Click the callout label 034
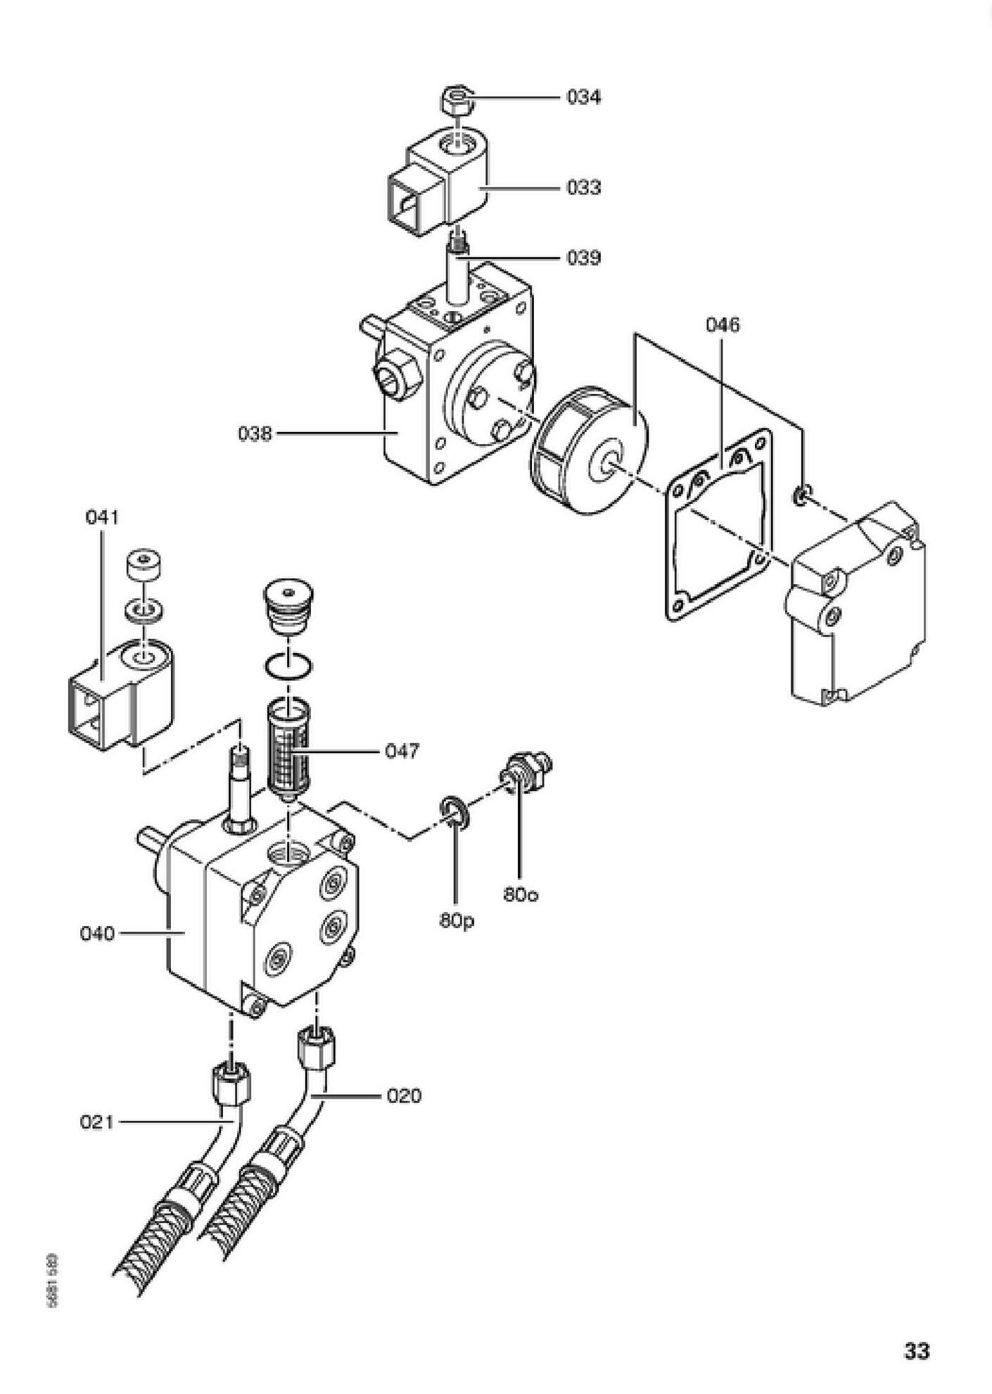[583, 97]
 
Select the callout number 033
[583, 188]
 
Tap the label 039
[583, 258]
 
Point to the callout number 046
[723, 325]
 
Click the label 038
[254, 433]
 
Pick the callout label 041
[103, 518]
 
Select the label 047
[402, 752]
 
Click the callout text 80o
[521, 895]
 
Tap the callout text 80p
[457, 920]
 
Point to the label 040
[97, 934]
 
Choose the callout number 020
[404, 1096]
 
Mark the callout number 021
[96, 1122]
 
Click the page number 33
[917, 1351]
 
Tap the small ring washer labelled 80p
[455, 810]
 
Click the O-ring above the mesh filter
[289, 664]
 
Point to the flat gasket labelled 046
[711, 535]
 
